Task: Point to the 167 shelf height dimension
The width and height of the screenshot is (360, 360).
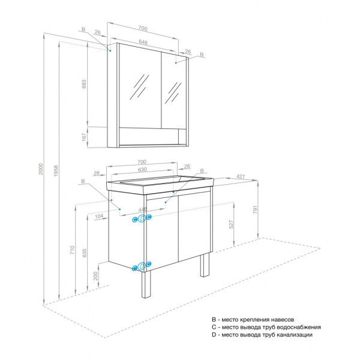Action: (85, 137)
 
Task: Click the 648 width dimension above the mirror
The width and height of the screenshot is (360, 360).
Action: (143, 42)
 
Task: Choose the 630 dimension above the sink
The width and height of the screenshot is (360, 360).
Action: (142, 170)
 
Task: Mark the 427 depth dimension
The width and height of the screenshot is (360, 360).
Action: (240, 176)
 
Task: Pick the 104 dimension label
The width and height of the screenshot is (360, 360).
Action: (98, 215)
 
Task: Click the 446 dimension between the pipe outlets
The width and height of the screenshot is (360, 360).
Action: (142, 209)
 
